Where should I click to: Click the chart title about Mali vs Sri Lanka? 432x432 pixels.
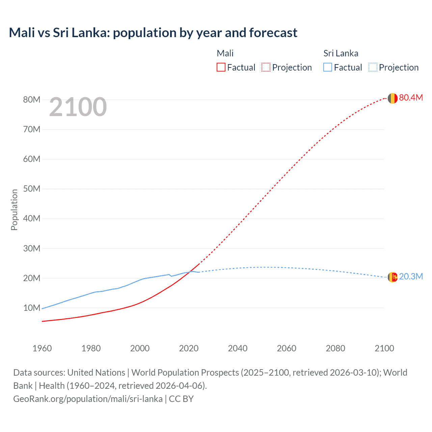coord(153,33)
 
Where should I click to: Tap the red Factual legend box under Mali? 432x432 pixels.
coord(221,67)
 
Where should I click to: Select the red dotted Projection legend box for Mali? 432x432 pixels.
coord(266,67)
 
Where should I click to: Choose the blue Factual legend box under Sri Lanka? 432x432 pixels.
coord(327,67)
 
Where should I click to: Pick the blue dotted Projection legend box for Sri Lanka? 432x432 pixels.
coord(373,67)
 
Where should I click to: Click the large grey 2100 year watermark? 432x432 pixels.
coord(78,107)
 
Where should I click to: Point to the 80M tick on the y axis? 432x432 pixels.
coord(32,100)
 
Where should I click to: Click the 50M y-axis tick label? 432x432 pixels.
coord(32,189)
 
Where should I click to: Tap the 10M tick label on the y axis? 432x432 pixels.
coord(32,308)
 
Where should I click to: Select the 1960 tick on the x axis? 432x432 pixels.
coord(42,348)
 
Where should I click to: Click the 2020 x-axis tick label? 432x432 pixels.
coord(189,348)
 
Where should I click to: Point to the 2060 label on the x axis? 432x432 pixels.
coord(287,348)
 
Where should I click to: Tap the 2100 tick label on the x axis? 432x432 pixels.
coord(384,348)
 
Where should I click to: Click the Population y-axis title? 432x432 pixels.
coord(14,210)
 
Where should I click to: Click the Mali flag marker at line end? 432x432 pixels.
coord(392,98)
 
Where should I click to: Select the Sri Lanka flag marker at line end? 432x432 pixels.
coord(392,277)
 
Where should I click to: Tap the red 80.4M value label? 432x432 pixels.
coord(411,98)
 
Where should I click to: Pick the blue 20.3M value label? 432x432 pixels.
coord(411,276)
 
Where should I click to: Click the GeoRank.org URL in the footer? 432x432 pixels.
coord(88,399)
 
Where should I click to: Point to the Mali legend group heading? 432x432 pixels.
coord(225,53)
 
